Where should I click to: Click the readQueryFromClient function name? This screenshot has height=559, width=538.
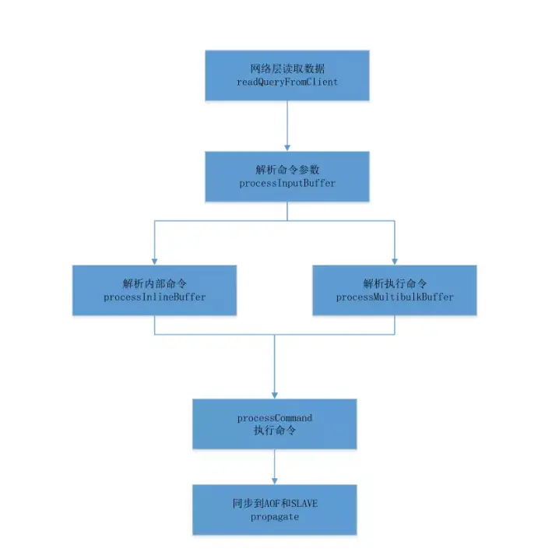point(287,83)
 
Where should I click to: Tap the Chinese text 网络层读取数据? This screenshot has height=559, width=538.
point(287,69)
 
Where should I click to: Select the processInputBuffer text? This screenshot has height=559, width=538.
point(287,184)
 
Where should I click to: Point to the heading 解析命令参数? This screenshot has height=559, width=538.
point(287,170)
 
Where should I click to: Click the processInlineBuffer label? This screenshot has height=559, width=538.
point(154,297)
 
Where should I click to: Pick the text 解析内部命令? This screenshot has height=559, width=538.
point(154,283)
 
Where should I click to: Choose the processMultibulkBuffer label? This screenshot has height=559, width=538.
point(395,297)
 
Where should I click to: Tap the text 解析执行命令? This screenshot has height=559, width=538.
point(395,283)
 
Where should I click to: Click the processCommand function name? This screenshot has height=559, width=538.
point(275,418)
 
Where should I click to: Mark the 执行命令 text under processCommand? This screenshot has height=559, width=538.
point(275,431)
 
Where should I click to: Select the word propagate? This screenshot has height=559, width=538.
point(275,517)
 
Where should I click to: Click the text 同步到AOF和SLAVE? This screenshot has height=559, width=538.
point(275,504)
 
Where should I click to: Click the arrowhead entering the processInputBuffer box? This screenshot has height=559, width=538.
point(287,148)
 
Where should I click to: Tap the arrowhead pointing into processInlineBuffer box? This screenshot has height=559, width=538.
point(154,262)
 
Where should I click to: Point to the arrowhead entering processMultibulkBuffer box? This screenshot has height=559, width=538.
point(395,262)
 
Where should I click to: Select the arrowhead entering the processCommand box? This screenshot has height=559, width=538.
point(275,396)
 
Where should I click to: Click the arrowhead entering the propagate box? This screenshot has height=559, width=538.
point(275,481)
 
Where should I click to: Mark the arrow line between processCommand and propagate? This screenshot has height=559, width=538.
point(275,466)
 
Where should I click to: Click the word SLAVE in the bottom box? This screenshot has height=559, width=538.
point(304,504)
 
